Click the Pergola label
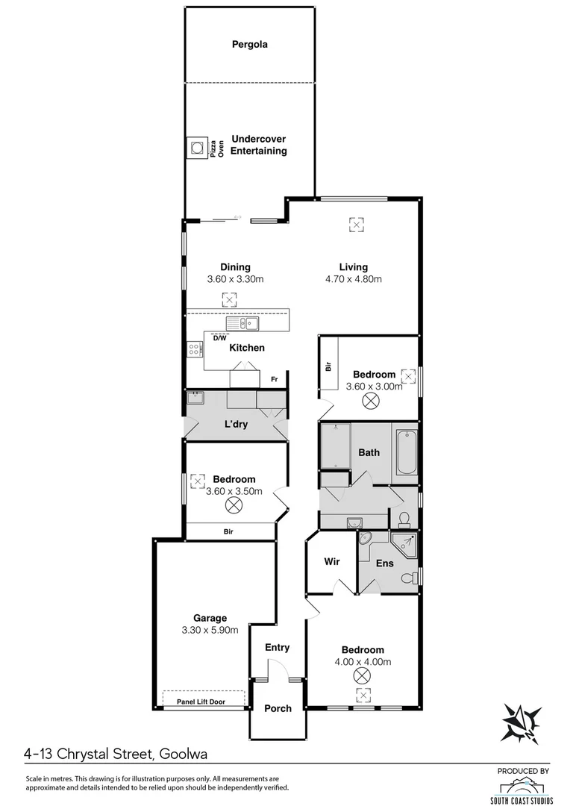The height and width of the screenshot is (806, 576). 249,45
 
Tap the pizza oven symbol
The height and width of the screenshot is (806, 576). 197,147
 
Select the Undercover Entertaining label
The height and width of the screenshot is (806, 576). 258,145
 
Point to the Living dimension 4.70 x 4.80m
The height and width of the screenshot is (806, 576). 353,280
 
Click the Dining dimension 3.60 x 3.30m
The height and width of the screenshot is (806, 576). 235,280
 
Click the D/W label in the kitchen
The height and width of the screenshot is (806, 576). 219,337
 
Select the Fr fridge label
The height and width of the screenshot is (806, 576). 274,380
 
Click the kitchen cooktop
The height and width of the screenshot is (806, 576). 193,349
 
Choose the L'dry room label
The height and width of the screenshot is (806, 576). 236,425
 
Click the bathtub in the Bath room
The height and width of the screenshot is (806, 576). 407,452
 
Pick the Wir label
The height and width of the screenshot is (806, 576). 332,562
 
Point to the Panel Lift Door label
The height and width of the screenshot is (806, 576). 204,702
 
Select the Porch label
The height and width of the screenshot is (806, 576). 277,708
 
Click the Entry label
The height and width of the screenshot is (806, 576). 277,648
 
